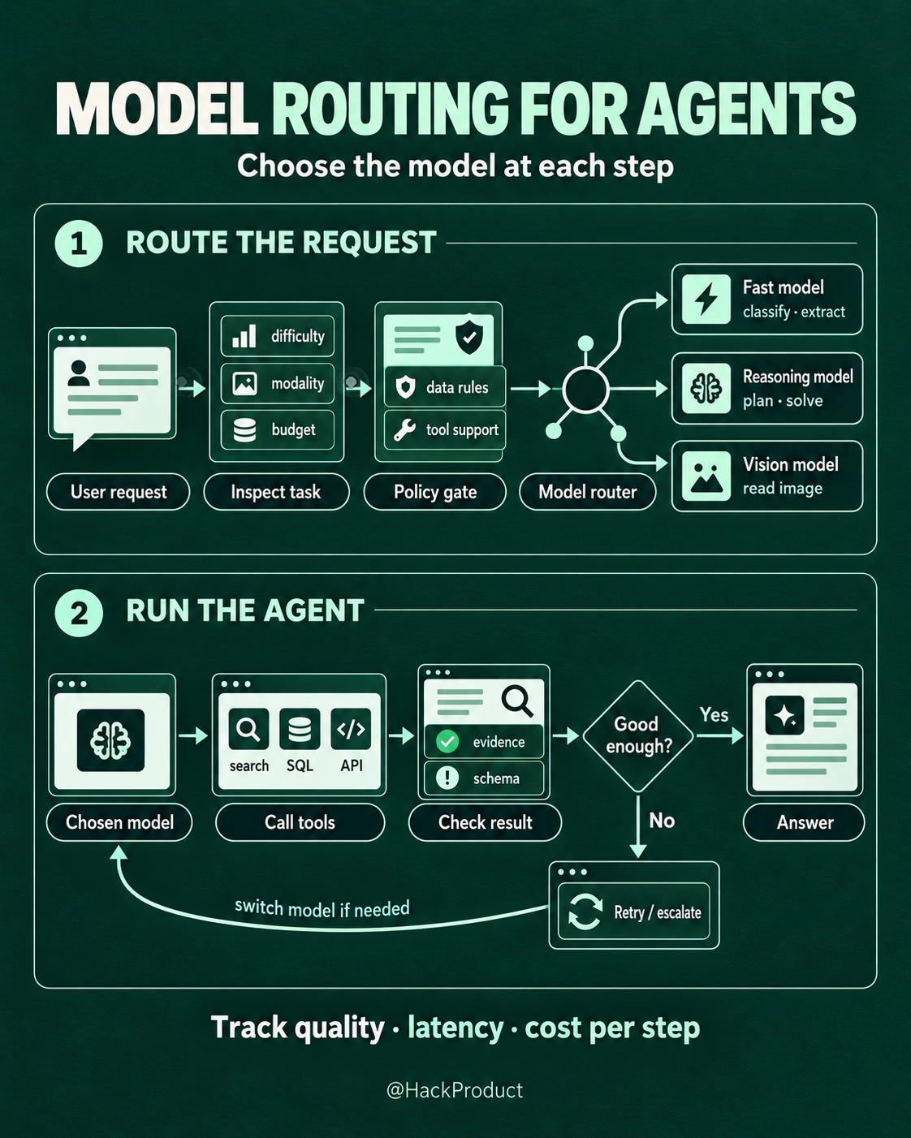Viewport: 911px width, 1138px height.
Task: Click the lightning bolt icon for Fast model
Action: click(x=706, y=300)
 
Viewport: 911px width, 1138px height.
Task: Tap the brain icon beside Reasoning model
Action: click(x=706, y=388)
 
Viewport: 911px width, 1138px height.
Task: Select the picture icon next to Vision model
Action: click(x=706, y=476)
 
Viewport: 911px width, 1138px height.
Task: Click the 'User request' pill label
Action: click(x=118, y=492)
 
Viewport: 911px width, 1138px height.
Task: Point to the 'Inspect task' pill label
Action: click(x=276, y=492)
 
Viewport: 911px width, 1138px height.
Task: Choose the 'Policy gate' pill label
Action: click(x=435, y=492)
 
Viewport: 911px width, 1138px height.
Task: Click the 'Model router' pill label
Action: click(x=587, y=492)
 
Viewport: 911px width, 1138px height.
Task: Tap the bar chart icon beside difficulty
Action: click(x=244, y=336)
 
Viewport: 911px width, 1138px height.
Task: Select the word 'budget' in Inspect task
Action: click(x=293, y=429)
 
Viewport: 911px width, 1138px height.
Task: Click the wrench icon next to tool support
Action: click(x=404, y=429)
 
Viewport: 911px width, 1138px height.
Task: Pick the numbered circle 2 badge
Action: click(x=79, y=613)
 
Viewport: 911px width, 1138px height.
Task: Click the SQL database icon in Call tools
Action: click(x=300, y=729)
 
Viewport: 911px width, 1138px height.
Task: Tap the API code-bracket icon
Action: click(x=351, y=729)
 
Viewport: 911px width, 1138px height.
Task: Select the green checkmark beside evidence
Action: click(x=447, y=741)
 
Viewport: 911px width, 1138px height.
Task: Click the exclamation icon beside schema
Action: click(x=447, y=778)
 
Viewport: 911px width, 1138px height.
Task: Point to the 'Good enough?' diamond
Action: click(x=638, y=735)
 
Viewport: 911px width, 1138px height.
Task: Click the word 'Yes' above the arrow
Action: click(x=714, y=715)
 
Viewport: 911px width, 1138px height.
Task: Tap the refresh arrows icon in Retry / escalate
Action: click(x=585, y=912)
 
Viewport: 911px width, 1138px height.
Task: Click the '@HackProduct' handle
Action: click(x=455, y=1090)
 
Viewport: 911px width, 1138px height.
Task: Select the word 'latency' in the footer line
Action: click(x=455, y=1028)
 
